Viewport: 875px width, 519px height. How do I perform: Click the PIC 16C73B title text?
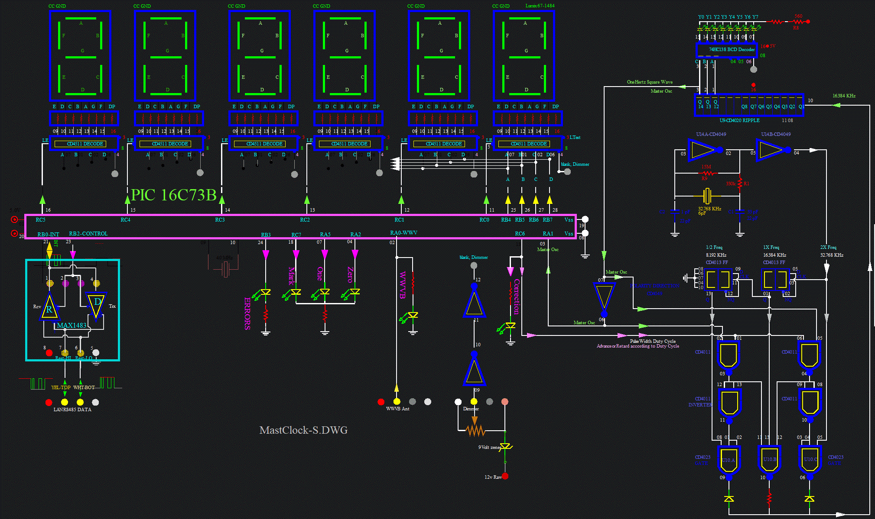pos(173,195)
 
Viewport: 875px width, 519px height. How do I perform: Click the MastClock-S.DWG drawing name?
pos(303,430)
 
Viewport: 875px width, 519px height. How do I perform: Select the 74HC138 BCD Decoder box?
pos(727,50)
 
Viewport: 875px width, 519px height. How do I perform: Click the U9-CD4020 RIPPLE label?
pos(739,120)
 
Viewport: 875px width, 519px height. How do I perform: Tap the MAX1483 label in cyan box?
pos(72,326)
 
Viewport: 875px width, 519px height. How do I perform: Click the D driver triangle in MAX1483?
pos(96,304)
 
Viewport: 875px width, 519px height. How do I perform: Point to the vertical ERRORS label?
pos(247,313)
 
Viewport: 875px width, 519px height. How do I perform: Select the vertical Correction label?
pos(517,297)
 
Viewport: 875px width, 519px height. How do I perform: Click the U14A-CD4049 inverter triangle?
pos(702,150)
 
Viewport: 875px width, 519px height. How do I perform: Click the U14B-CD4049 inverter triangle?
pos(770,150)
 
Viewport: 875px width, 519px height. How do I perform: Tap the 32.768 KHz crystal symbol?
pos(707,196)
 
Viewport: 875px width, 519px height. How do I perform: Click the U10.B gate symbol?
pos(769,460)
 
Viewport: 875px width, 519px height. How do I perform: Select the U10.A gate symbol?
pos(729,460)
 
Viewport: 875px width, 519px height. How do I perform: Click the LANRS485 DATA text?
pos(72,409)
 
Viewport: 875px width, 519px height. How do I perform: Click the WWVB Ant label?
pos(397,409)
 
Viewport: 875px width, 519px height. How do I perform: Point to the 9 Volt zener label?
pos(489,447)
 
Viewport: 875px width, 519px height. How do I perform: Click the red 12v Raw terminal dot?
pos(505,476)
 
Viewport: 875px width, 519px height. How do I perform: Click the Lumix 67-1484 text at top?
pos(540,6)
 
